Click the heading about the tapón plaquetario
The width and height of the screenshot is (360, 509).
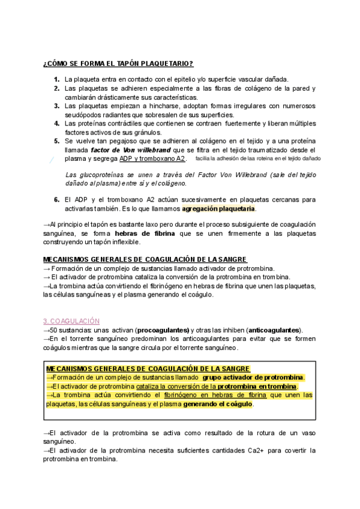click(118, 64)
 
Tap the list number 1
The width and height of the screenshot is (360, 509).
click(56, 79)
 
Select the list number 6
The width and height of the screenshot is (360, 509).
click(56, 199)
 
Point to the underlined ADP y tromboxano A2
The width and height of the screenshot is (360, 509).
click(152, 158)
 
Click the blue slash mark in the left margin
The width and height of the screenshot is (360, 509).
click(52, 160)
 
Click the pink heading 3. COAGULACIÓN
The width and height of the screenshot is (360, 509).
click(71, 322)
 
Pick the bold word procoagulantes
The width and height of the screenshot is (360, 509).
click(163, 331)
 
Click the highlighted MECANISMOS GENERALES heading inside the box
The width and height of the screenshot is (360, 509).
click(148, 369)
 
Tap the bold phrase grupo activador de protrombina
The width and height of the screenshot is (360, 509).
click(253, 378)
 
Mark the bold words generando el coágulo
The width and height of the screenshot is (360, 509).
click(218, 404)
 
